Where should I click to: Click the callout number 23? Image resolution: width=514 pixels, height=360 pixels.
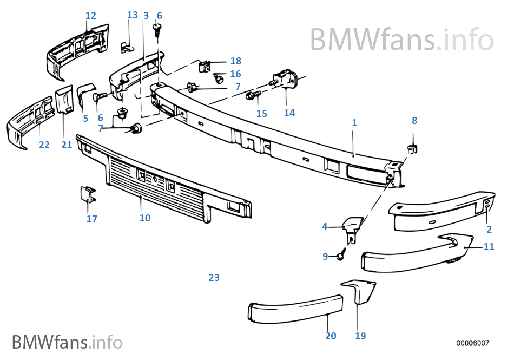pos(214,277)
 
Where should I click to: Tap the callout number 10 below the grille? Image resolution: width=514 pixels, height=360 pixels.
pos(145,218)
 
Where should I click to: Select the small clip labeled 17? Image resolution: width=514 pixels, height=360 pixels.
pos(88,194)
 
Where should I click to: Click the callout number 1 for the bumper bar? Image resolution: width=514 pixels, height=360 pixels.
pos(354,123)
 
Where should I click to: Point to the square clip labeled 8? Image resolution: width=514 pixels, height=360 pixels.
pos(413,149)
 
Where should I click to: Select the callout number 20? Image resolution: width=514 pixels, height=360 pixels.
pos(331,336)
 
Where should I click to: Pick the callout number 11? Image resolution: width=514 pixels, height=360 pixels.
pos(489,246)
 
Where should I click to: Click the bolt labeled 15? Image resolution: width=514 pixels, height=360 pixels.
pos(253,96)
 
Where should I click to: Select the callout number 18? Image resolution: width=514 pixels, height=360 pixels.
pos(236,61)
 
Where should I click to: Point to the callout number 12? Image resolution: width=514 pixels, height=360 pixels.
pos(91,15)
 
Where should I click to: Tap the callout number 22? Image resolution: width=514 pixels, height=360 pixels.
pos(44,145)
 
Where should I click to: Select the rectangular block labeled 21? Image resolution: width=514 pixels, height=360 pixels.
pos(64,99)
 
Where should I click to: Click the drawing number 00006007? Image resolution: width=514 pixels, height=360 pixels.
pos(473,343)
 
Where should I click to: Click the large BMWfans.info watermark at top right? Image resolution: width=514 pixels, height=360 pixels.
pos(402,40)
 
